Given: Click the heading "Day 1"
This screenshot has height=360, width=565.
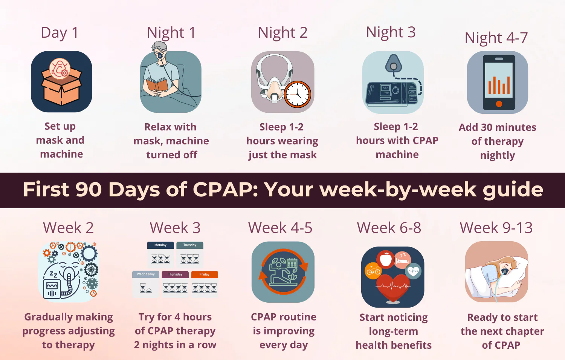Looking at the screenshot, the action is coord(60,33).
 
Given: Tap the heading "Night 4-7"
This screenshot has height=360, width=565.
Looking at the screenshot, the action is coord(496,38).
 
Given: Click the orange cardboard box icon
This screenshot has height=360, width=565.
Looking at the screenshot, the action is coord(61,87).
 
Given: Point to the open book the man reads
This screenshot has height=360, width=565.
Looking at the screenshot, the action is coord(157,84).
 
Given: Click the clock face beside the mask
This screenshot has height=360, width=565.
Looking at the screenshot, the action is coord(298,94).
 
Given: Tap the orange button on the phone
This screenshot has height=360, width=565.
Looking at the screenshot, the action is coord(499,104).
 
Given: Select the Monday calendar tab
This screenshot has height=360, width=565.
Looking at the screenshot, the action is coord(160,245).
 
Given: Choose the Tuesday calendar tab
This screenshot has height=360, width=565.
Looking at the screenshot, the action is coord(190,245).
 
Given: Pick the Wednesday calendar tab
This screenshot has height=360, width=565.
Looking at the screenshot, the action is coord(145,274).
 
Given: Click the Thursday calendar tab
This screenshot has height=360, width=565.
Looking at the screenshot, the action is coord(175,274).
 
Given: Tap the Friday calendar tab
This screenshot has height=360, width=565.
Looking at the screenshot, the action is coord(204,274).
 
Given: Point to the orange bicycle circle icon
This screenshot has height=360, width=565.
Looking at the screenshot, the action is coord(373,271).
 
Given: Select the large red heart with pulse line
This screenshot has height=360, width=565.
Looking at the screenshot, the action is coord(393,288).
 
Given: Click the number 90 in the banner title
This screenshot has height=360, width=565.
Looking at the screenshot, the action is coord(89,190).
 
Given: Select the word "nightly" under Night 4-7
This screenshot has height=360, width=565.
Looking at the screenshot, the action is coord(498,155).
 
